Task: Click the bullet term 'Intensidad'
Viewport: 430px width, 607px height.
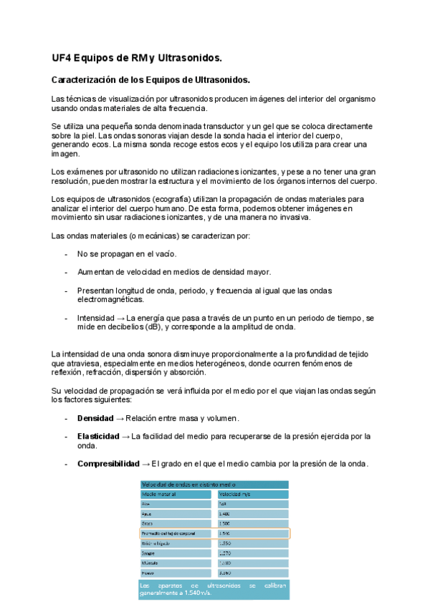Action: click(96, 317)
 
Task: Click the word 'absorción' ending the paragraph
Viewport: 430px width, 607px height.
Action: click(186, 372)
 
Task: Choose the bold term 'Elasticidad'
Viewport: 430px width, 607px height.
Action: click(98, 436)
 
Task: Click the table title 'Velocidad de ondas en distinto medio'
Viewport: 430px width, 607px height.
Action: click(188, 484)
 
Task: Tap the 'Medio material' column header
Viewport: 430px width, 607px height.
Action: click(159, 494)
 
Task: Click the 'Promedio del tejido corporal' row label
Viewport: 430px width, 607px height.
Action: click(173, 533)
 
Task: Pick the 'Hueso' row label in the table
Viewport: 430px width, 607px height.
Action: click(149, 573)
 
